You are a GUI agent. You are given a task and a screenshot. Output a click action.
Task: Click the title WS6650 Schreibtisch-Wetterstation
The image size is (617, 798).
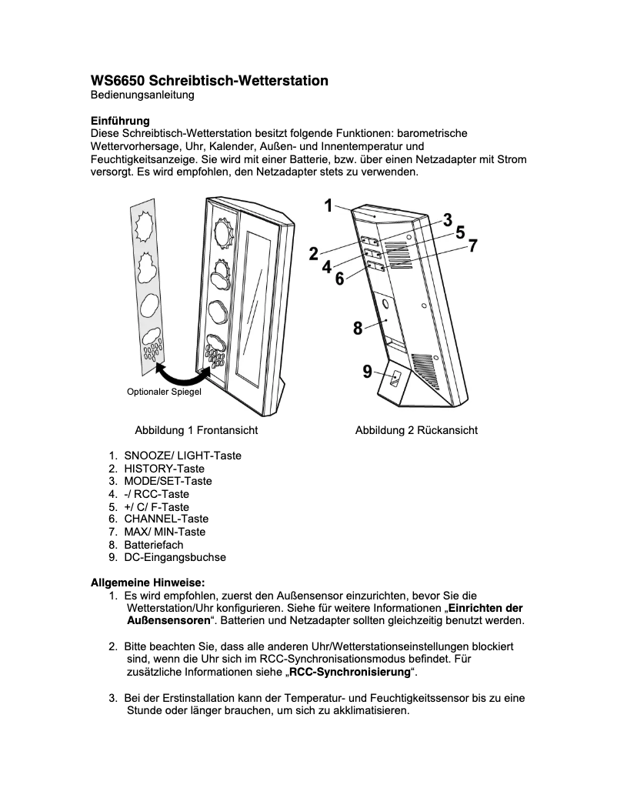pyautogui.click(x=209, y=81)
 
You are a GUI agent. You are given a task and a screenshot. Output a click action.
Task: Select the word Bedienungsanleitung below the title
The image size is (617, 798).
pyautogui.click(x=142, y=95)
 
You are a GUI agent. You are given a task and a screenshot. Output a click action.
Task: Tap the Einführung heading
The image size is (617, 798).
pyautogui.click(x=120, y=121)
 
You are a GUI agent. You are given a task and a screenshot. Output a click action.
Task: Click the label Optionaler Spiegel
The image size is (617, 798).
pyautogui.click(x=163, y=392)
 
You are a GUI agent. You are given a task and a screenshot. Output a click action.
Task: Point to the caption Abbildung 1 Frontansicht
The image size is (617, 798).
pyautogui.click(x=196, y=430)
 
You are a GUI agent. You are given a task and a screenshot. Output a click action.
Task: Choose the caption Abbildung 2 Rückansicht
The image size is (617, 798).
pyautogui.click(x=416, y=430)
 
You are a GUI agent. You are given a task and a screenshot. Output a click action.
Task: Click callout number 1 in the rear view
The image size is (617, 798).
pyautogui.click(x=328, y=205)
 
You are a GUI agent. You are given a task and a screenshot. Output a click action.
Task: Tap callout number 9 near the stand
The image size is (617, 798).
pyautogui.click(x=368, y=372)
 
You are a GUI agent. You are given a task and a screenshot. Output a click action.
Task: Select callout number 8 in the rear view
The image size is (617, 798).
pyautogui.click(x=358, y=329)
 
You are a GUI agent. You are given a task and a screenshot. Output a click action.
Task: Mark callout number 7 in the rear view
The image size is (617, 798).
pyautogui.click(x=472, y=246)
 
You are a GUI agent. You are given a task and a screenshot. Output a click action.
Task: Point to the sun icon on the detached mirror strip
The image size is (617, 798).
pyautogui.click(x=145, y=226)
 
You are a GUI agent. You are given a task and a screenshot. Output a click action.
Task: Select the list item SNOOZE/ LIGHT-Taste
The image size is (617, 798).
pyautogui.click(x=182, y=456)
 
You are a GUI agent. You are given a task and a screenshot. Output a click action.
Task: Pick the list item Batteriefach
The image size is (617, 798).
pyautogui.click(x=154, y=544)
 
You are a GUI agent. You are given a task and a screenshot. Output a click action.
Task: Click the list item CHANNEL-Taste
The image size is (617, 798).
pyautogui.click(x=166, y=519)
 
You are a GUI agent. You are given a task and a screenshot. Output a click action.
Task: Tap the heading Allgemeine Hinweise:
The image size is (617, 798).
pyautogui.click(x=148, y=582)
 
